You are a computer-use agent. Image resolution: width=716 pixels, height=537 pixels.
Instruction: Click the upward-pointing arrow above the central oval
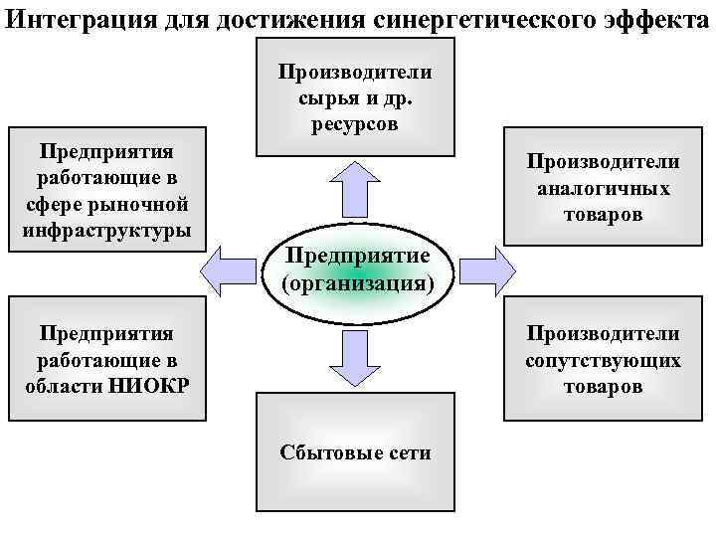click(x=354, y=189)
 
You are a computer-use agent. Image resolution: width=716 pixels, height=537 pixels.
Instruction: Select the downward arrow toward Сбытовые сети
click(x=354, y=358)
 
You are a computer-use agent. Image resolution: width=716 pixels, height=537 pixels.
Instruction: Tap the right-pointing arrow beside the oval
click(x=488, y=268)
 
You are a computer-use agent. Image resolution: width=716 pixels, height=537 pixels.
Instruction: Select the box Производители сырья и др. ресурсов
click(x=354, y=96)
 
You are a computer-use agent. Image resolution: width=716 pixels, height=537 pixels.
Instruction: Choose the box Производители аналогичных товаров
click(x=603, y=186)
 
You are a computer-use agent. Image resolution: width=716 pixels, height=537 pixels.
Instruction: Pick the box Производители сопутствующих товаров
click(x=603, y=357)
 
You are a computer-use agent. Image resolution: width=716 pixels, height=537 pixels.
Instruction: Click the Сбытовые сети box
click(x=354, y=452)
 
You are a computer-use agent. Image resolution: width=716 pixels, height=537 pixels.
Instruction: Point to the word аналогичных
click(x=603, y=188)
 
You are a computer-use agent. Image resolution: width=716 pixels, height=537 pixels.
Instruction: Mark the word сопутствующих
click(x=603, y=359)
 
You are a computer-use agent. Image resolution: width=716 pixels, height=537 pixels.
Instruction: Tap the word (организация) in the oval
click(x=358, y=283)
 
